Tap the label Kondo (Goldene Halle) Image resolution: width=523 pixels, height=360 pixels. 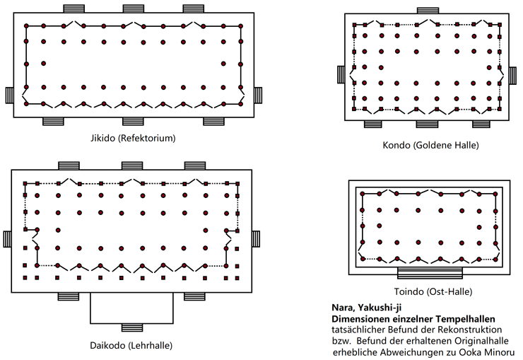coord(430,145)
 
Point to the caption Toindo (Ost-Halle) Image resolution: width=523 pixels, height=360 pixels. coord(433,292)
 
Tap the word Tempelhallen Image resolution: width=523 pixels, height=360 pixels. coord(465,319)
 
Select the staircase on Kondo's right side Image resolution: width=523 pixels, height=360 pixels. coord(512,75)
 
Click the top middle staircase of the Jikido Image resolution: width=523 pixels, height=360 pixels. coord(134,8)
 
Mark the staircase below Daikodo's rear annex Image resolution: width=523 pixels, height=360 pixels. coord(131,327)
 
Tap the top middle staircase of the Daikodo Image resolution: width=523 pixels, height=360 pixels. coord(132,166)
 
